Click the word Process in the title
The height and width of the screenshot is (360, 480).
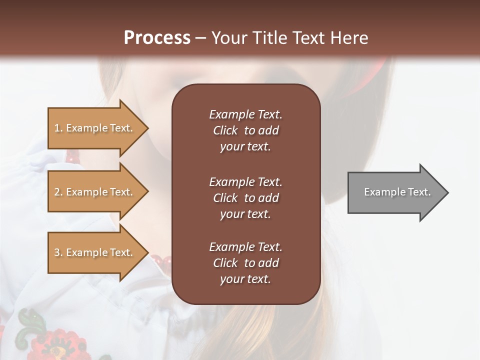[x=157, y=38]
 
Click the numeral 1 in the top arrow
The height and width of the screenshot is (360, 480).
[x=56, y=128]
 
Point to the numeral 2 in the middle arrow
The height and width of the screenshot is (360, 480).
[x=57, y=192]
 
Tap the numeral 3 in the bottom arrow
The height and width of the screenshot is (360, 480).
[x=57, y=252]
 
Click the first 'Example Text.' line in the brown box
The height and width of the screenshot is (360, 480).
[x=245, y=114]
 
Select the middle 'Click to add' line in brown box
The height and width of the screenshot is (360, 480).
[x=245, y=198]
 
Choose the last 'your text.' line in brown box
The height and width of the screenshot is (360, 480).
[x=245, y=279]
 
